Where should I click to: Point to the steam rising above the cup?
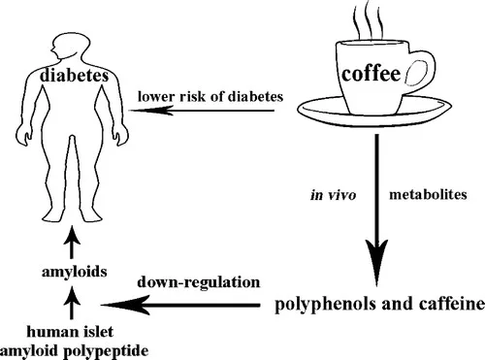(370, 22)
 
